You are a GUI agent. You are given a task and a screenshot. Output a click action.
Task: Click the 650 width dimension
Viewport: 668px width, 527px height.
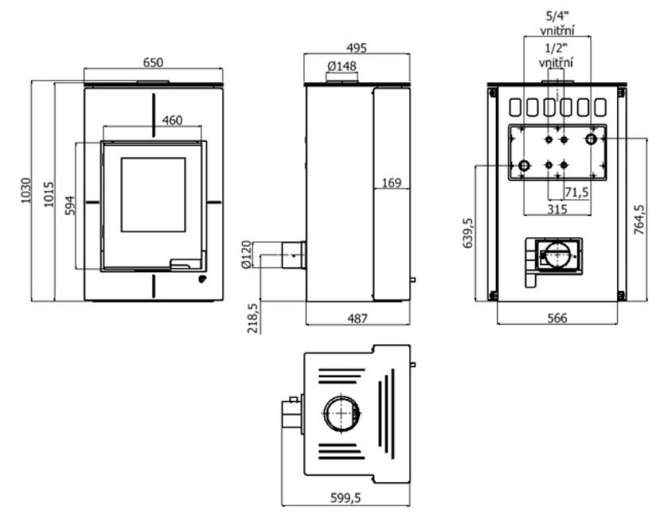pos(153,63)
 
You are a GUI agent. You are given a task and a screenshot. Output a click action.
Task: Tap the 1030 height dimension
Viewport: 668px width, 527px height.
pos(26,190)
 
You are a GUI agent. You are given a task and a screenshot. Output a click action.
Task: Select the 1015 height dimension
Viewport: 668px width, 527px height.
pos(49,194)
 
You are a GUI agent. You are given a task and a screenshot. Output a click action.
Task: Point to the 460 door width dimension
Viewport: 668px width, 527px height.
pos(172,120)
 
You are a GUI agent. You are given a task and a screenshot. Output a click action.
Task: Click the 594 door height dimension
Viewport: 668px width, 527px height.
pos(70,205)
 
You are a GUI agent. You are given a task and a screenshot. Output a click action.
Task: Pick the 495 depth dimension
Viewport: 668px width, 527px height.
pos(356,48)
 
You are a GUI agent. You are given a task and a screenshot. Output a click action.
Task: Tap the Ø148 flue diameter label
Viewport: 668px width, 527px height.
pos(342,66)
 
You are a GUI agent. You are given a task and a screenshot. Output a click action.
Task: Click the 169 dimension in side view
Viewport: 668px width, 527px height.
pos(392,183)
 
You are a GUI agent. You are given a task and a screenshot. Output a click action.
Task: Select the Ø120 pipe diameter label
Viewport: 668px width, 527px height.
pos(246,254)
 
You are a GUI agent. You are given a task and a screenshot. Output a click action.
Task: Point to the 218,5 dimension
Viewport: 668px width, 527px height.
pos(253,318)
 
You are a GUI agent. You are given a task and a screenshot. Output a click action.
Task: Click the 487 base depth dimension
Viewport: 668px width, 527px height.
pos(357,318)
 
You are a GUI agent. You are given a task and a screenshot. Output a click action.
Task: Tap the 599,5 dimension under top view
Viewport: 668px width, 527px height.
pos(346,498)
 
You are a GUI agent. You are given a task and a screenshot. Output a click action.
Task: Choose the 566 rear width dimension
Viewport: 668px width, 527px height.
pos(557,318)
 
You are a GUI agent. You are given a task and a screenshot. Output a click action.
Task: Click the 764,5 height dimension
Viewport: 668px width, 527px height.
pos(639,220)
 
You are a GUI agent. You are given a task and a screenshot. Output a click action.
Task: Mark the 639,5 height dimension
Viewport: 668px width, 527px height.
pos(468,233)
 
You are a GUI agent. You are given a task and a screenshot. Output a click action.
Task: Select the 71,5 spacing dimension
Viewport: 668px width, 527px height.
pos(576,193)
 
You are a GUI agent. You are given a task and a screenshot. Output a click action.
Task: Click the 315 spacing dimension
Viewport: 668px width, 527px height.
pos(557,209)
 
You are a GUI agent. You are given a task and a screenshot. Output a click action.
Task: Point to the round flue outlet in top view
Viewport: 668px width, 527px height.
pos(325,414)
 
